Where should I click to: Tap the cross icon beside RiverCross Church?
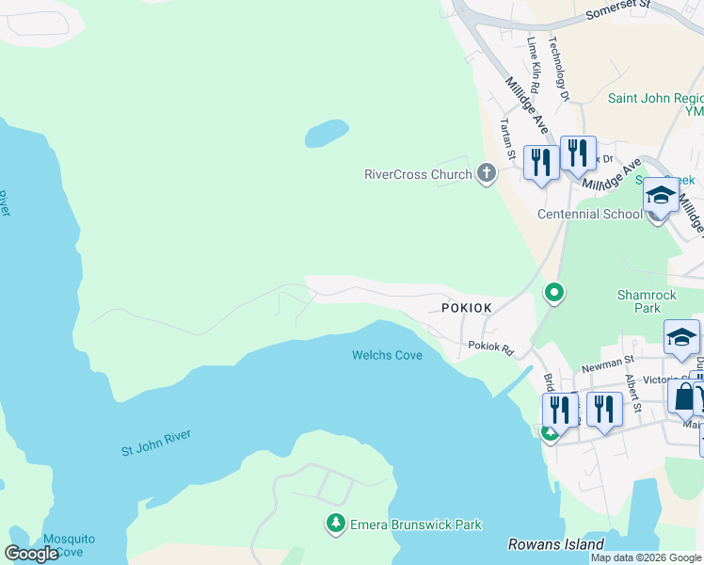click(486, 173)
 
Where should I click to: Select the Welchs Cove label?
click(387, 355)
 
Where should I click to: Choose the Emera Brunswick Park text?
click(415, 525)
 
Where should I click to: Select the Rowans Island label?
click(555, 544)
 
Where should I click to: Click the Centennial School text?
click(589, 214)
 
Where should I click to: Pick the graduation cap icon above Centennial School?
click(660, 196)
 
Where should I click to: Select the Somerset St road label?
click(618, 13)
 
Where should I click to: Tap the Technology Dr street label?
click(559, 69)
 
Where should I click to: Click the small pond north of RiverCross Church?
click(327, 134)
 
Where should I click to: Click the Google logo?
click(31, 554)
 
